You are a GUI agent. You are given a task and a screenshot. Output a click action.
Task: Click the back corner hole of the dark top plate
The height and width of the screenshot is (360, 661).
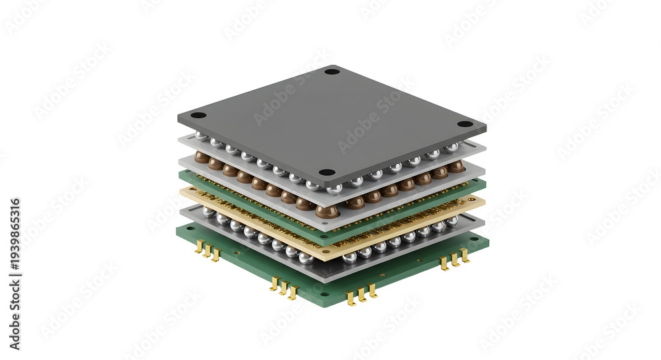(x=332, y=71)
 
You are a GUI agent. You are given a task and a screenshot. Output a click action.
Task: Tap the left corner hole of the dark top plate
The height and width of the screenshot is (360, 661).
(x=198, y=116)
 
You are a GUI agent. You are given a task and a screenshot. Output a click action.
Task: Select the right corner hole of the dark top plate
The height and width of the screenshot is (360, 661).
(x=465, y=124)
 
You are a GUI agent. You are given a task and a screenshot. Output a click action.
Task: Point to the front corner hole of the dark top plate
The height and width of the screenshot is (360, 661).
(x=327, y=172)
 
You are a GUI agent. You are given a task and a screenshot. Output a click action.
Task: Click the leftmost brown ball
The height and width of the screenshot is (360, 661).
(x=201, y=157)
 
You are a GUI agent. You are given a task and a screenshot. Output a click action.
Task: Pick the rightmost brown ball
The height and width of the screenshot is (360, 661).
(x=456, y=166)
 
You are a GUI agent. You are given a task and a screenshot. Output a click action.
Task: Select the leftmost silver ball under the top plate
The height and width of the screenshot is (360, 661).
(x=200, y=136)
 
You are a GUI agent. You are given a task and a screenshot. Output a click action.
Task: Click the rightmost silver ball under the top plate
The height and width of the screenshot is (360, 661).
(x=451, y=147)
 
